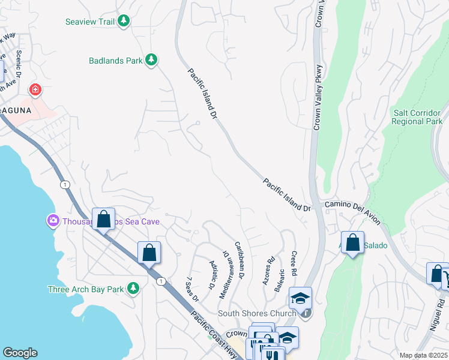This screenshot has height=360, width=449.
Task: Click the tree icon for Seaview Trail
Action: tap(124, 22)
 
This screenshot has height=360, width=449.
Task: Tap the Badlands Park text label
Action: tap(115, 61)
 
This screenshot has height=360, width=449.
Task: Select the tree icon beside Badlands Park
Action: tap(152, 60)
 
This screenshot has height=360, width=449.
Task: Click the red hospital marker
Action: tap(35, 90)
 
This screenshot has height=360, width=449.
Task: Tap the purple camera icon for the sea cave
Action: tap(53, 221)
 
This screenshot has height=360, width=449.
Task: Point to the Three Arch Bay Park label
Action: tap(86, 289)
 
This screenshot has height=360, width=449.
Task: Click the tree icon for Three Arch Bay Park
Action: tap(133, 289)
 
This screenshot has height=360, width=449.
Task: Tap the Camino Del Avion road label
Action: tap(352, 212)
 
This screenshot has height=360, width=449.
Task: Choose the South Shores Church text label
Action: tap(257, 313)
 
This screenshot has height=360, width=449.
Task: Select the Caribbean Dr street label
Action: tap(240, 260)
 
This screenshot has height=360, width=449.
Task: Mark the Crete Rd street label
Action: tap(294, 263)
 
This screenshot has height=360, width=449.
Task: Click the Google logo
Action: tap(20, 353)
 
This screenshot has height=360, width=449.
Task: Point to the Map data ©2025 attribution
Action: tap(423, 355)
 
